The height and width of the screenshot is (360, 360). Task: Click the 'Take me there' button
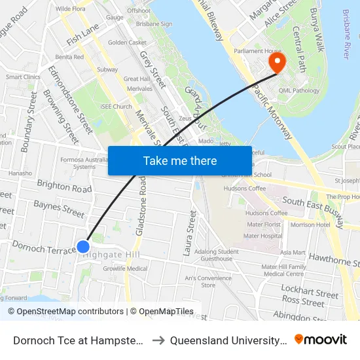[x=180, y=160]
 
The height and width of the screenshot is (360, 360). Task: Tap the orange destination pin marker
[x=277, y=62]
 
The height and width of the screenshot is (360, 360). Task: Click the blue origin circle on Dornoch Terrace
[x=83, y=247]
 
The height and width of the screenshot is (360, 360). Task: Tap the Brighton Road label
[x=64, y=189]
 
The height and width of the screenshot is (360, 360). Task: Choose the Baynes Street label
[x=59, y=209]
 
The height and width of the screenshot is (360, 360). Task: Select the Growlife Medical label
[x=125, y=268]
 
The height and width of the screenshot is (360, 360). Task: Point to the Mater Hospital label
[x=262, y=236]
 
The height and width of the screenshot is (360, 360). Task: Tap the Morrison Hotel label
[x=310, y=225]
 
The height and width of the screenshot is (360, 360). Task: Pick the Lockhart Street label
[x=310, y=292]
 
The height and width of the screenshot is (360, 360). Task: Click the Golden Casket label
[x=127, y=43]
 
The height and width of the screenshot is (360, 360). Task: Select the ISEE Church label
[x=116, y=107]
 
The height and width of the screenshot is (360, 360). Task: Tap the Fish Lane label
[x=82, y=35]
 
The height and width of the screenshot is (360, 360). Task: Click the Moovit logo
[x=321, y=339]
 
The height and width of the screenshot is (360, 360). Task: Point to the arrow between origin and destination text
[x=158, y=340]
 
